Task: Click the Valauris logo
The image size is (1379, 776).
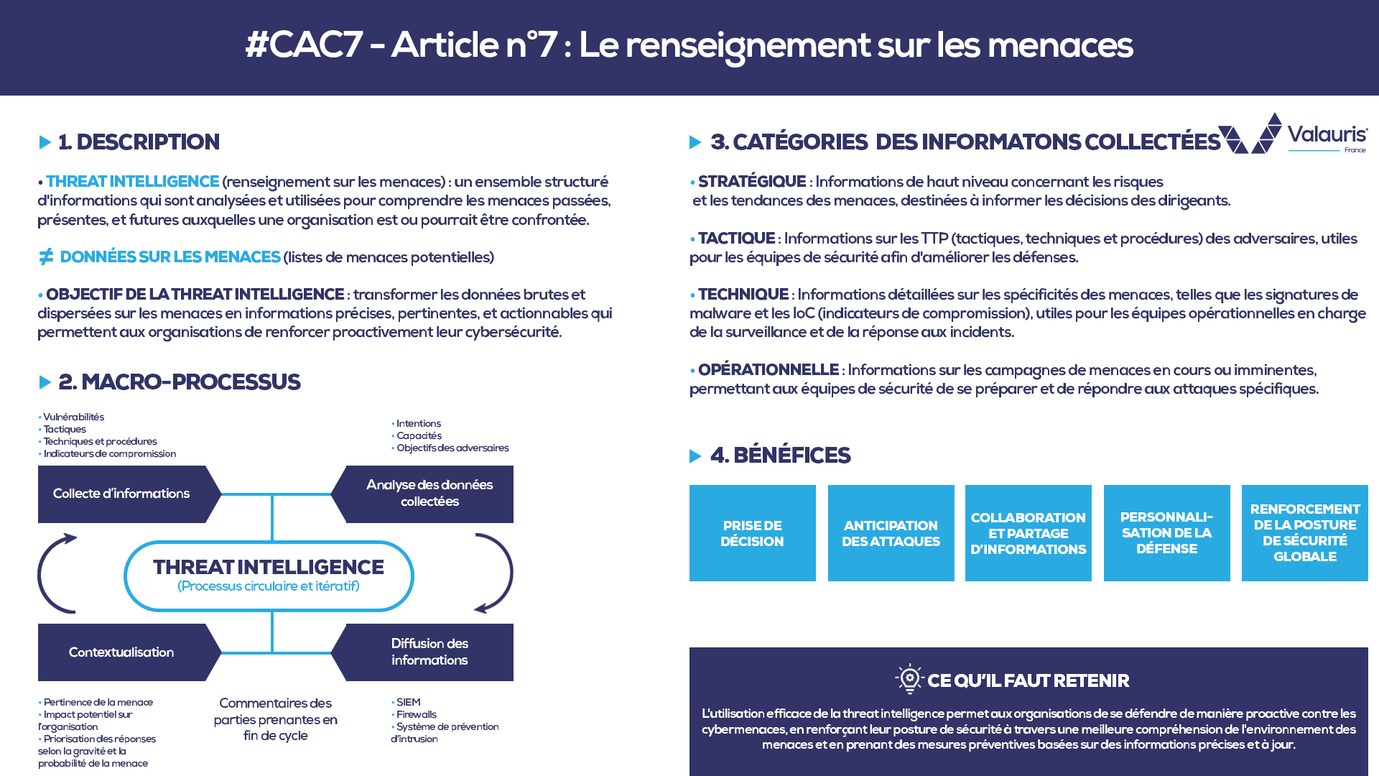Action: (x=1293, y=134)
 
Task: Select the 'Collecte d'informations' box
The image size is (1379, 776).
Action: (x=122, y=494)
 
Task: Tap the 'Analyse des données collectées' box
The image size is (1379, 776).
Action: (x=429, y=494)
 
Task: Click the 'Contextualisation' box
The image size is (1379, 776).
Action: (x=122, y=652)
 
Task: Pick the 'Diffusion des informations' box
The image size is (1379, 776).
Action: (x=429, y=652)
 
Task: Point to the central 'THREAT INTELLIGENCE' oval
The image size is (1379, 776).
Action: (x=269, y=576)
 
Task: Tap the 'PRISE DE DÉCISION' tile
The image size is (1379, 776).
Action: (x=752, y=533)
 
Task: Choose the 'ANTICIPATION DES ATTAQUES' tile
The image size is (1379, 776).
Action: (x=891, y=533)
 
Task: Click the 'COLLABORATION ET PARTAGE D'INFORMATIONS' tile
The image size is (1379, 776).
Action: (x=1028, y=533)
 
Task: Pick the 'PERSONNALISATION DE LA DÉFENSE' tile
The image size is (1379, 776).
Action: (x=1166, y=533)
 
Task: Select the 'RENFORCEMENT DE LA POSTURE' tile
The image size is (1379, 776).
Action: (x=1304, y=533)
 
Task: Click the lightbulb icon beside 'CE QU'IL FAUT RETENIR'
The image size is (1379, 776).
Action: (x=909, y=678)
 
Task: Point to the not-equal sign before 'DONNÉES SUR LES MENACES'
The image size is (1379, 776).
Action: (x=46, y=257)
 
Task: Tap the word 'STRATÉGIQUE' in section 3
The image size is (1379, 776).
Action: (x=751, y=182)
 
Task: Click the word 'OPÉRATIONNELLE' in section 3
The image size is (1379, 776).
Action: (x=768, y=370)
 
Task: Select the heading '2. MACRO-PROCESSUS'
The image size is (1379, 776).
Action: (x=179, y=382)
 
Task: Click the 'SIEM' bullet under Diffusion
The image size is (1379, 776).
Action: (x=408, y=702)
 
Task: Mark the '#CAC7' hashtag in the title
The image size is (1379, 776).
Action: (x=303, y=45)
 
